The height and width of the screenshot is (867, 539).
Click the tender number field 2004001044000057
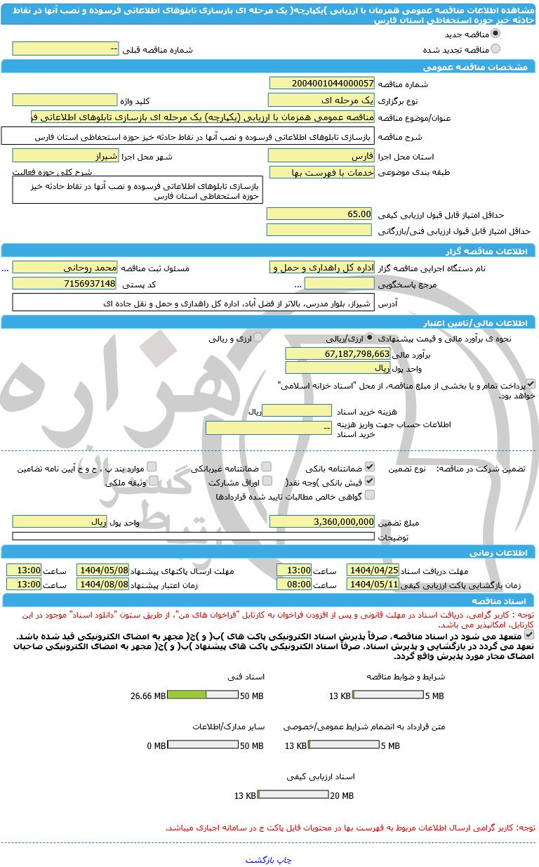(x=321, y=84)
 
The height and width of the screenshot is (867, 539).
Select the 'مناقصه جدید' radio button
(x=495, y=34)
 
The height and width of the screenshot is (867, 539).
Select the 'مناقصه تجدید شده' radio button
(x=495, y=49)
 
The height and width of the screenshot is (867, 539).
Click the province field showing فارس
(x=321, y=156)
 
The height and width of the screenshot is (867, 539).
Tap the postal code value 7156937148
(x=65, y=283)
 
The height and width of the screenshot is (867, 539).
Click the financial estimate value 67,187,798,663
(x=338, y=353)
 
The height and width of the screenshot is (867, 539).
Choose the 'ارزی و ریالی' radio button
(x=258, y=338)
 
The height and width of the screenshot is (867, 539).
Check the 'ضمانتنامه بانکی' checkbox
(x=370, y=467)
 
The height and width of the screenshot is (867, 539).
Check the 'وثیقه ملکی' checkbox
(x=153, y=481)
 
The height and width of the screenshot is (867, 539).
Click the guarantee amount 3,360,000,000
(x=321, y=521)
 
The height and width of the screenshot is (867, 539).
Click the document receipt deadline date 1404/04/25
(x=373, y=570)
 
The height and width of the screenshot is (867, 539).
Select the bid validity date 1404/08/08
(x=102, y=584)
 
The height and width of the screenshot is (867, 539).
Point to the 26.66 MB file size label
(x=148, y=696)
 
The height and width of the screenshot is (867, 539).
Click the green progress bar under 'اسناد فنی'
(x=187, y=695)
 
